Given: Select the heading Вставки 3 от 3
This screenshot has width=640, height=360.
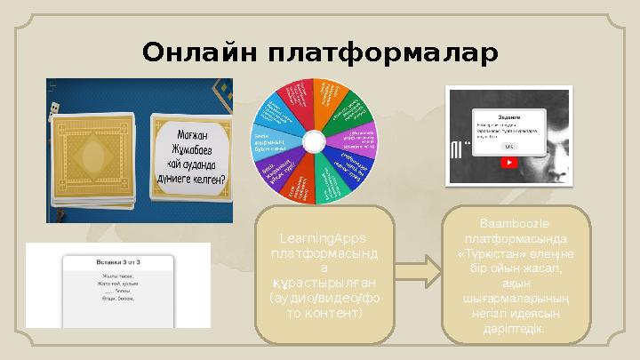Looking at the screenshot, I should coord(119,264).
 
